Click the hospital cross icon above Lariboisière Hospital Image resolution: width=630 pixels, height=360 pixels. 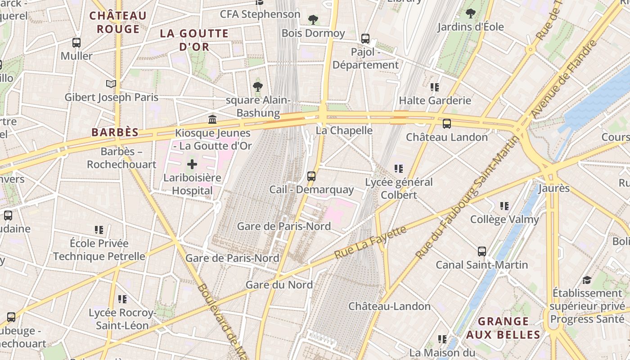(x=192, y=164)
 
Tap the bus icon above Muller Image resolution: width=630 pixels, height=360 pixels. (x=76, y=43)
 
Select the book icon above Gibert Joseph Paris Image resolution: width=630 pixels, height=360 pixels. (x=111, y=84)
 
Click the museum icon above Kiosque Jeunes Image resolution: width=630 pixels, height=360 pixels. (x=212, y=119)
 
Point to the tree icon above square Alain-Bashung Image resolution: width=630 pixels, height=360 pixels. (x=258, y=87)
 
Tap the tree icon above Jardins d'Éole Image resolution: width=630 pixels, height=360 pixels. (x=471, y=13)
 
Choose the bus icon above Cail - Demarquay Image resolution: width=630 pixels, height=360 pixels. (x=311, y=176)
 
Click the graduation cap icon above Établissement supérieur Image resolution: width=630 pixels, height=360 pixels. (x=587, y=280)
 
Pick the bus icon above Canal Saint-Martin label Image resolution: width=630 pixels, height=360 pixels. (x=482, y=251)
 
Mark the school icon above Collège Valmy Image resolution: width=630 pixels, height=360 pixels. (x=504, y=206)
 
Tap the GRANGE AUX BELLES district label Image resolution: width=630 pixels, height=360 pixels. (x=503, y=328)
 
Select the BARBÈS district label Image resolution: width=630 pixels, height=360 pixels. (x=115, y=132)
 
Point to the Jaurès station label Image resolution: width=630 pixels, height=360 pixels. (x=554, y=188)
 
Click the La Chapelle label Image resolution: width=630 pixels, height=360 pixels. (x=344, y=130)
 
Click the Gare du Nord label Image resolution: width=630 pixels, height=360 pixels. (x=279, y=285)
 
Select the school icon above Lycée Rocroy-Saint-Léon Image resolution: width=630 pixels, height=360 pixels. (x=122, y=299)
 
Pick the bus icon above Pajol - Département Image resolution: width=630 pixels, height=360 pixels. (x=365, y=39)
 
